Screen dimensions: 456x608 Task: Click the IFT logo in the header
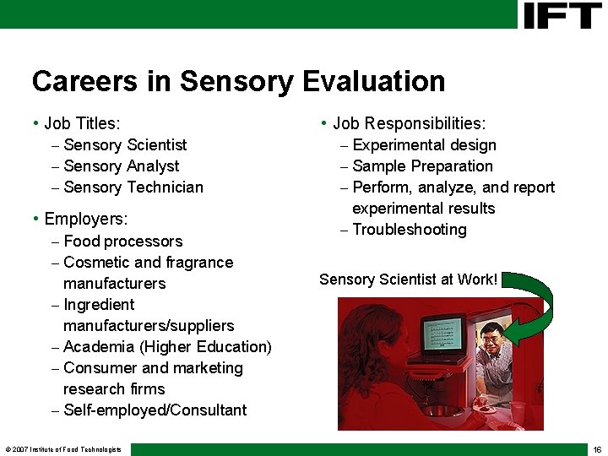click(562, 15)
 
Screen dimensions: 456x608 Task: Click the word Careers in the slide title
click(72, 81)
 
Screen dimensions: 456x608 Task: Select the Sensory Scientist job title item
click(125, 145)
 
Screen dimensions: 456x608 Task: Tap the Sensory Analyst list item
click(121, 166)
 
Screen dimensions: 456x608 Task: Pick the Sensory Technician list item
click(133, 187)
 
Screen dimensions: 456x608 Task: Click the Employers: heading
click(85, 220)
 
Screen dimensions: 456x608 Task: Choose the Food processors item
click(122, 242)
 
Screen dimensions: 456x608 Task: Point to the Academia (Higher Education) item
click(167, 347)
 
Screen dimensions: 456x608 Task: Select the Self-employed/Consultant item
click(155, 410)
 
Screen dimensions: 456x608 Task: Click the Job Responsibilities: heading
click(409, 124)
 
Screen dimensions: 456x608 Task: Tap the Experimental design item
click(424, 145)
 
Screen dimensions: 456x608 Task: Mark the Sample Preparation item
click(422, 166)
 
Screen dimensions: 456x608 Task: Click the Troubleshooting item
click(409, 230)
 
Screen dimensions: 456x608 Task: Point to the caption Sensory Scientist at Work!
click(409, 279)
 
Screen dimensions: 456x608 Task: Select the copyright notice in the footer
click(63, 449)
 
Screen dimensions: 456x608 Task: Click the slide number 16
click(597, 449)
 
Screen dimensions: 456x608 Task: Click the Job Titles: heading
click(82, 124)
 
